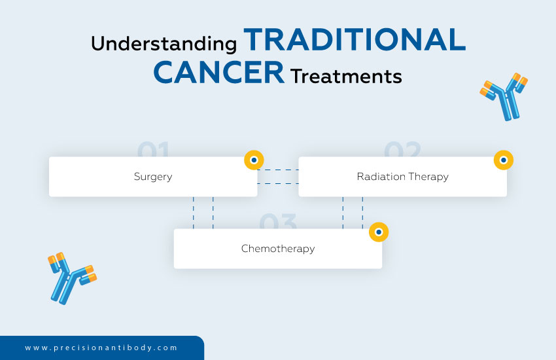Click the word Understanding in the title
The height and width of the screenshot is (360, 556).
(x=164, y=44)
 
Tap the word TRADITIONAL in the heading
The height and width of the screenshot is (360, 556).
(x=355, y=41)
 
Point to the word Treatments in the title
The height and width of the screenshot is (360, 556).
(x=346, y=77)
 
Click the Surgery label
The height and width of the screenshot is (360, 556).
(x=153, y=177)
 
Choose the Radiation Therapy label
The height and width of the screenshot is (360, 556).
(x=402, y=177)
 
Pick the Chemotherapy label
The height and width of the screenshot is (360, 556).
(x=278, y=249)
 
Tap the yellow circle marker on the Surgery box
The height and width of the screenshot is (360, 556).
(x=254, y=160)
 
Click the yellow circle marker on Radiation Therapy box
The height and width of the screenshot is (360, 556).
(x=503, y=160)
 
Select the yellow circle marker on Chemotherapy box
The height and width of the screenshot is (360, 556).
(x=379, y=232)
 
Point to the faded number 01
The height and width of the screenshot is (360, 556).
(x=154, y=150)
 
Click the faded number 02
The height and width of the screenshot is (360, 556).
(x=402, y=150)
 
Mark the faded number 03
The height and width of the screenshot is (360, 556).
(x=278, y=222)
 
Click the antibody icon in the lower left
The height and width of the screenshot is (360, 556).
(x=71, y=277)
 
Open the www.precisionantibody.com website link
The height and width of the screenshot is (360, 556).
(x=101, y=348)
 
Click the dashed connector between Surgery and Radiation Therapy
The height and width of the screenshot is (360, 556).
(x=277, y=177)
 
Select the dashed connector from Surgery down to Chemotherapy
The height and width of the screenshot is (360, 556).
(x=203, y=213)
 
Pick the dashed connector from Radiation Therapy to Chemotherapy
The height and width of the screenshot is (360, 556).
(x=353, y=213)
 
